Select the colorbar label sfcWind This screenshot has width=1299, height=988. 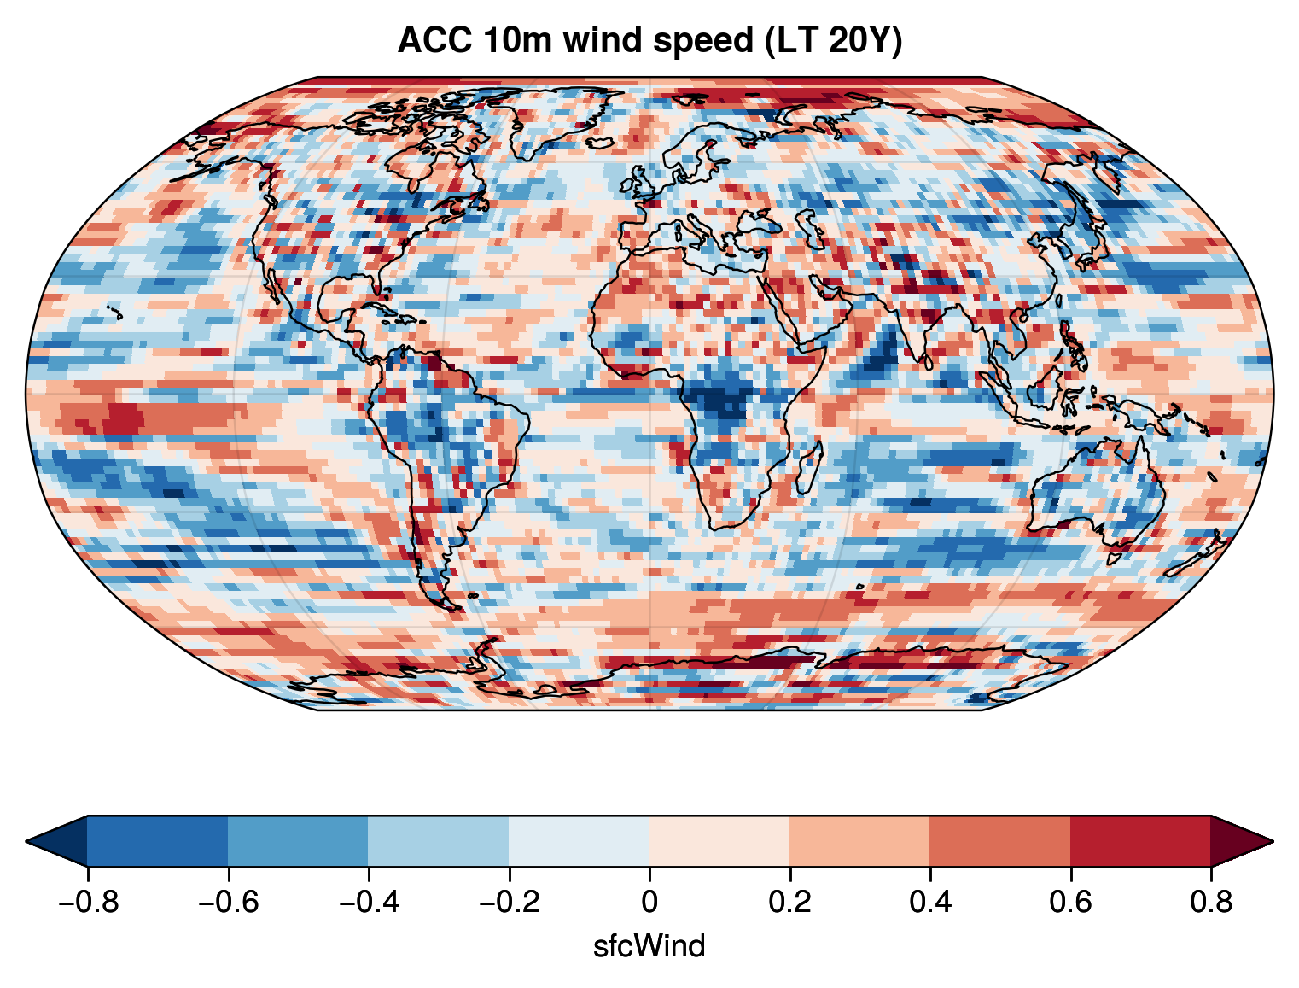(649, 946)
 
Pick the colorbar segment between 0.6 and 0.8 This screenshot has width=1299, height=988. (1140, 841)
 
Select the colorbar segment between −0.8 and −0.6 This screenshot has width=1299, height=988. (157, 841)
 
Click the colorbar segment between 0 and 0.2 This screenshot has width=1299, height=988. (719, 841)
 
